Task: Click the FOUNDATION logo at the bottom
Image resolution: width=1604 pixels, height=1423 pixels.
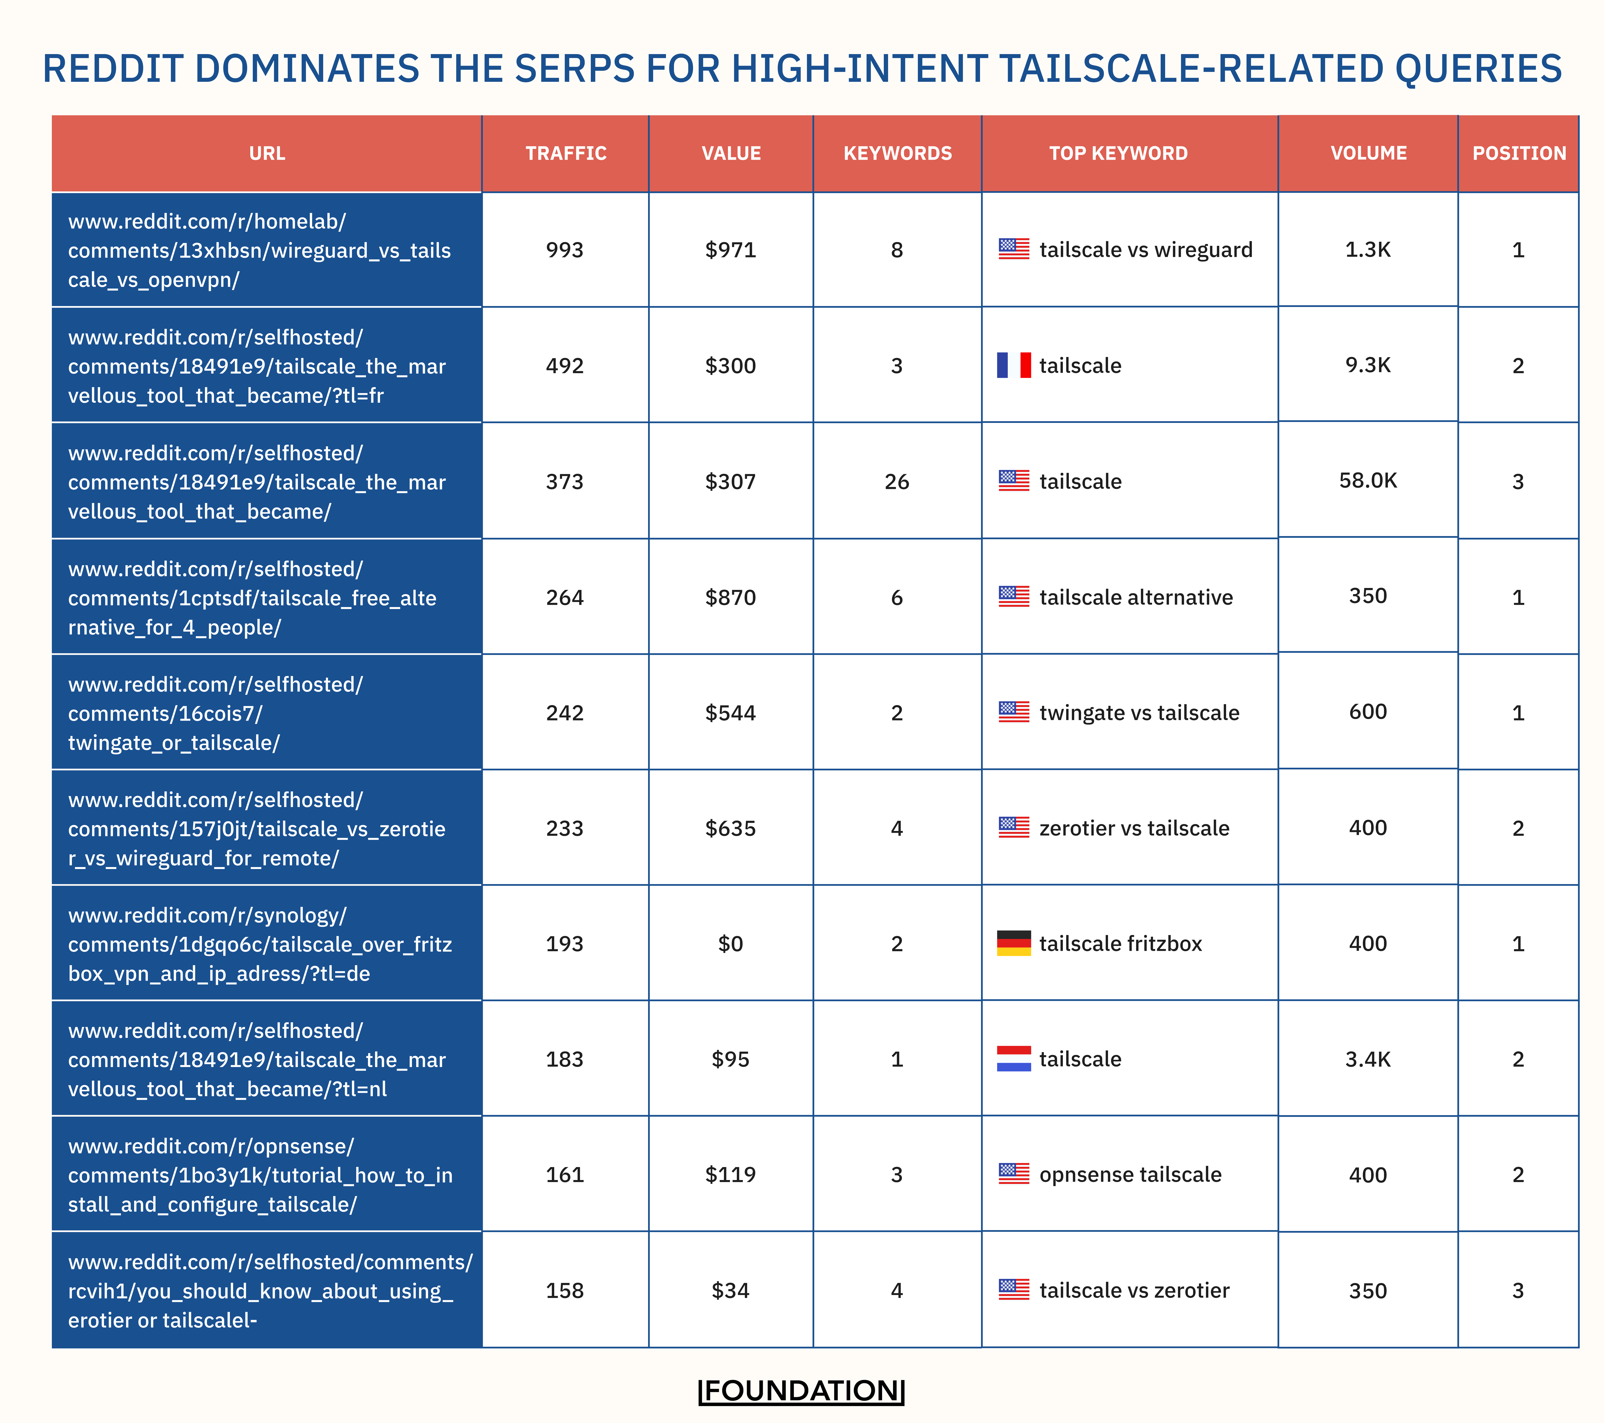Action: [801, 1391]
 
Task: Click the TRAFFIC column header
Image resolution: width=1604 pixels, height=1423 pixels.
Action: [566, 154]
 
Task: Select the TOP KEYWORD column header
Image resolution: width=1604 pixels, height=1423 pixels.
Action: [1118, 154]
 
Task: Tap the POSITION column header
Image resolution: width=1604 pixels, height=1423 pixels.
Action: [1519, 154]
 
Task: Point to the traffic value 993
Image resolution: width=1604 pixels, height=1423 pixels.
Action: [565, 250]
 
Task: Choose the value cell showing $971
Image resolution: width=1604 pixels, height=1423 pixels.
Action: [731, 250]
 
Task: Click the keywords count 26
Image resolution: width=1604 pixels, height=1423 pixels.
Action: [897, 482]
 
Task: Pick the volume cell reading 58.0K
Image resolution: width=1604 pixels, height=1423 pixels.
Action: [1368, 481]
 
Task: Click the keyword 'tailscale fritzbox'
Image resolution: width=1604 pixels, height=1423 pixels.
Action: [1121, 944]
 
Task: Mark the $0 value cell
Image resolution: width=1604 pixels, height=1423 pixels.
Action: [731, 944]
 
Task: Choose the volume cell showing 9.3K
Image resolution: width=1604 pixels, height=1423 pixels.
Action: [1368, 365]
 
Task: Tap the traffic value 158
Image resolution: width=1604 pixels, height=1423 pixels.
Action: [565, 1290]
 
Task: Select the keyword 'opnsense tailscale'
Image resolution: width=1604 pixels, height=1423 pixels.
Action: [1130, 1174]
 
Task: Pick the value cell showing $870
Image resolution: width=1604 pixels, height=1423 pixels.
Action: [731, 598]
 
